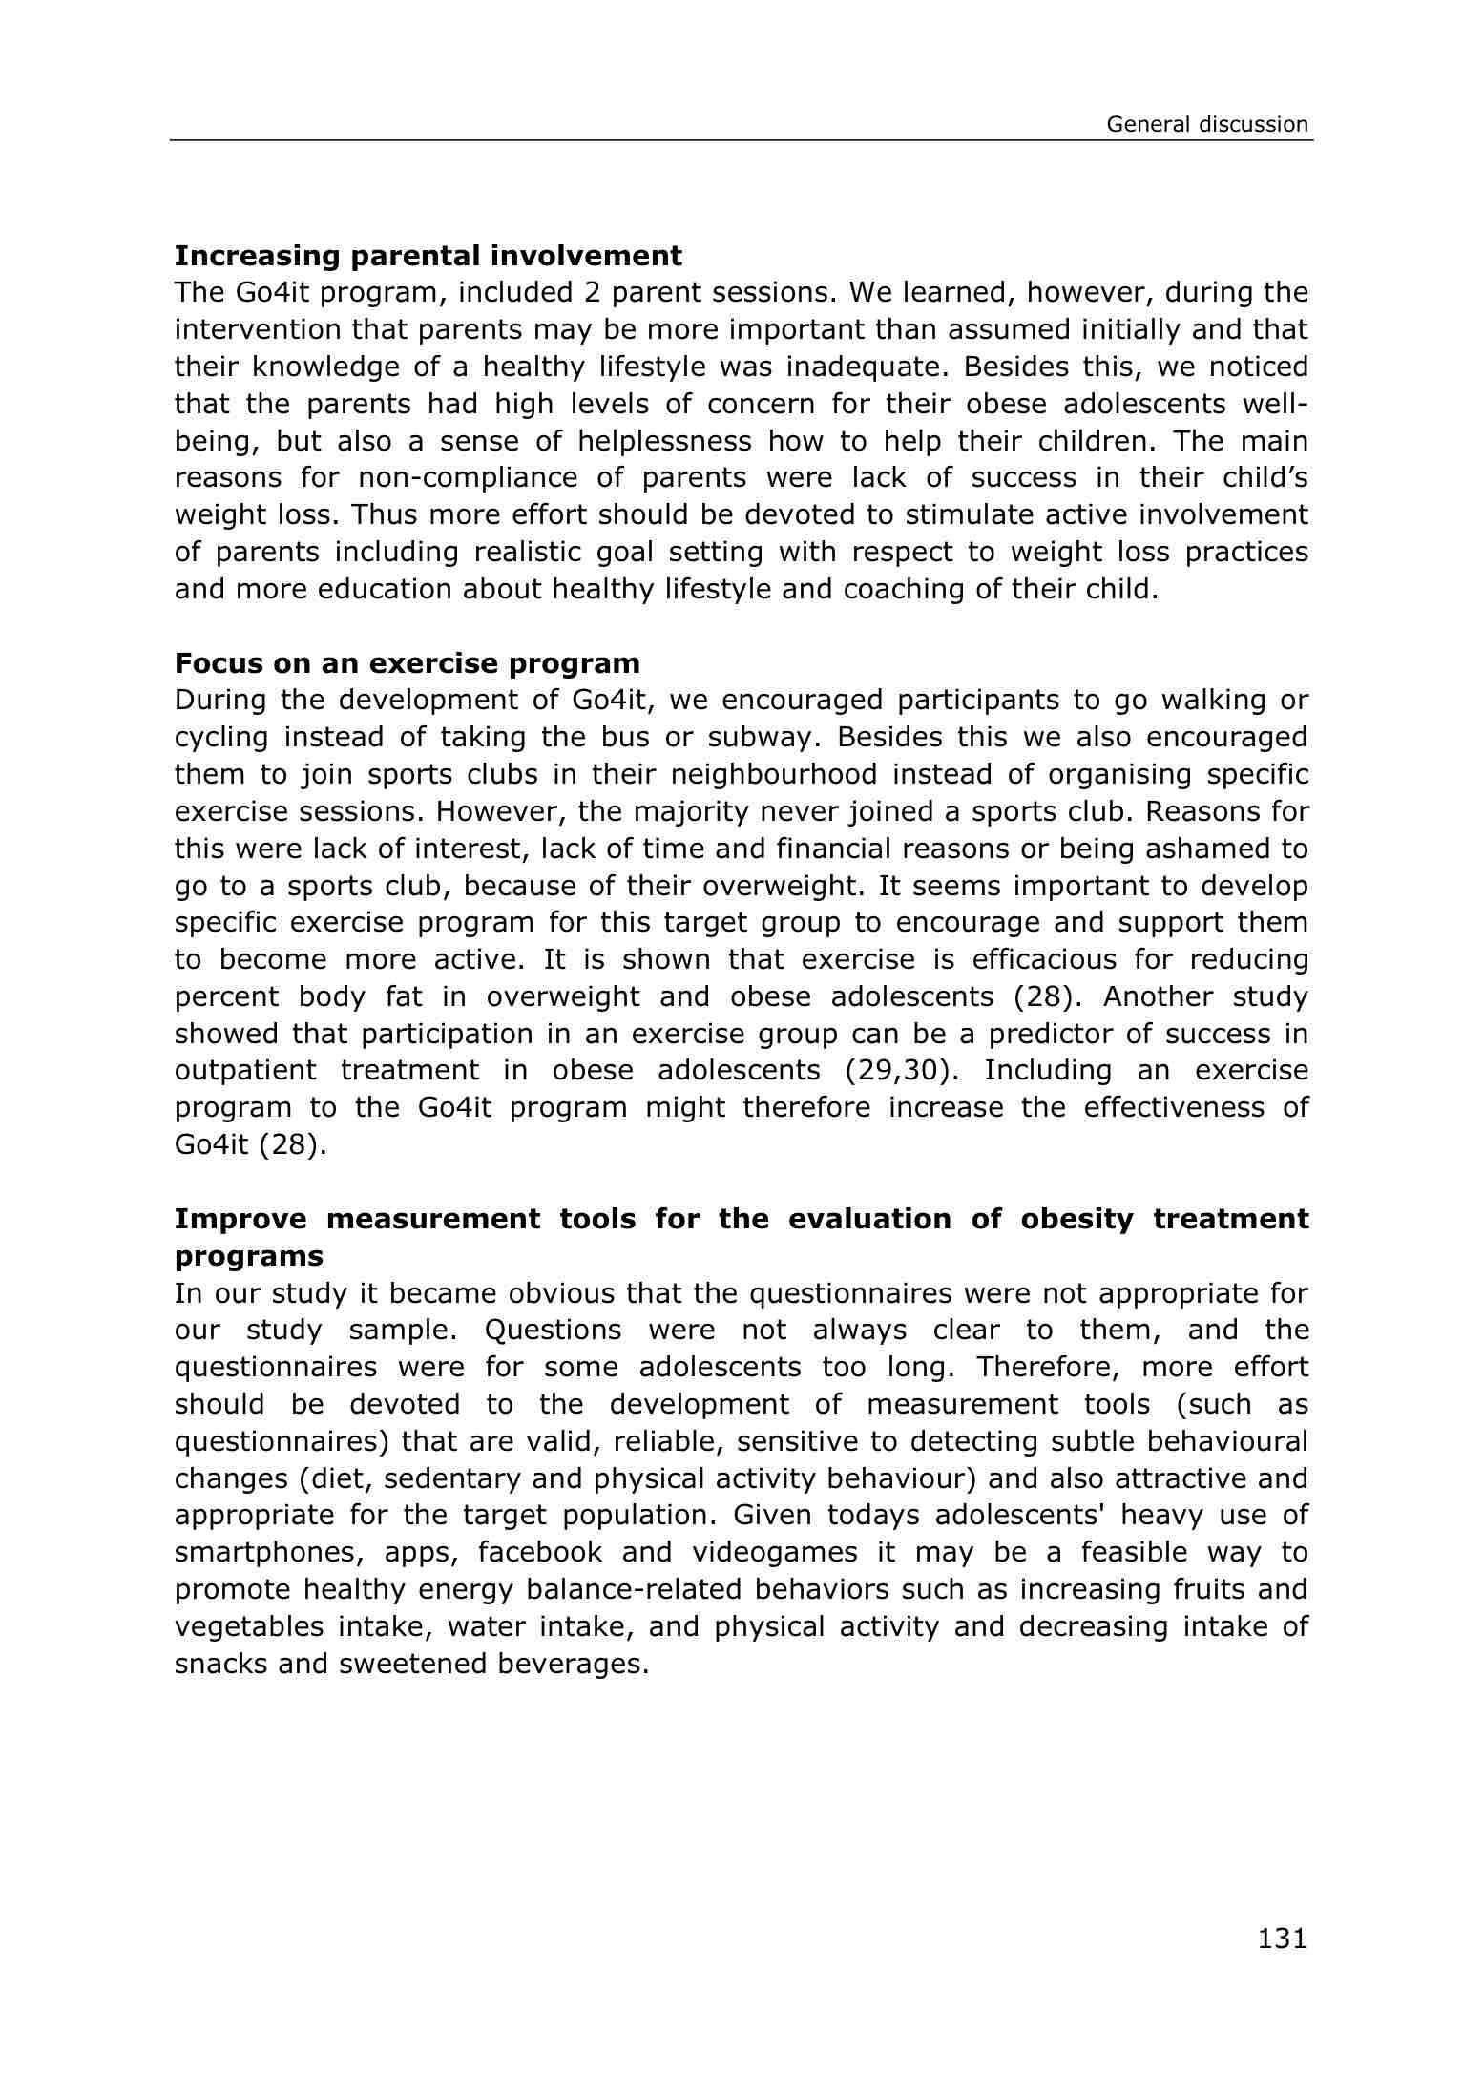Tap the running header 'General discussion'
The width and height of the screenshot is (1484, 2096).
[1206, 124]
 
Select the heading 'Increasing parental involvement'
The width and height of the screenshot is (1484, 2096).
[428, 256]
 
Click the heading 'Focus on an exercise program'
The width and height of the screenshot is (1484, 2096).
[407, 662]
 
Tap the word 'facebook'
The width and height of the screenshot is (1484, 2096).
[540, 1553]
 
